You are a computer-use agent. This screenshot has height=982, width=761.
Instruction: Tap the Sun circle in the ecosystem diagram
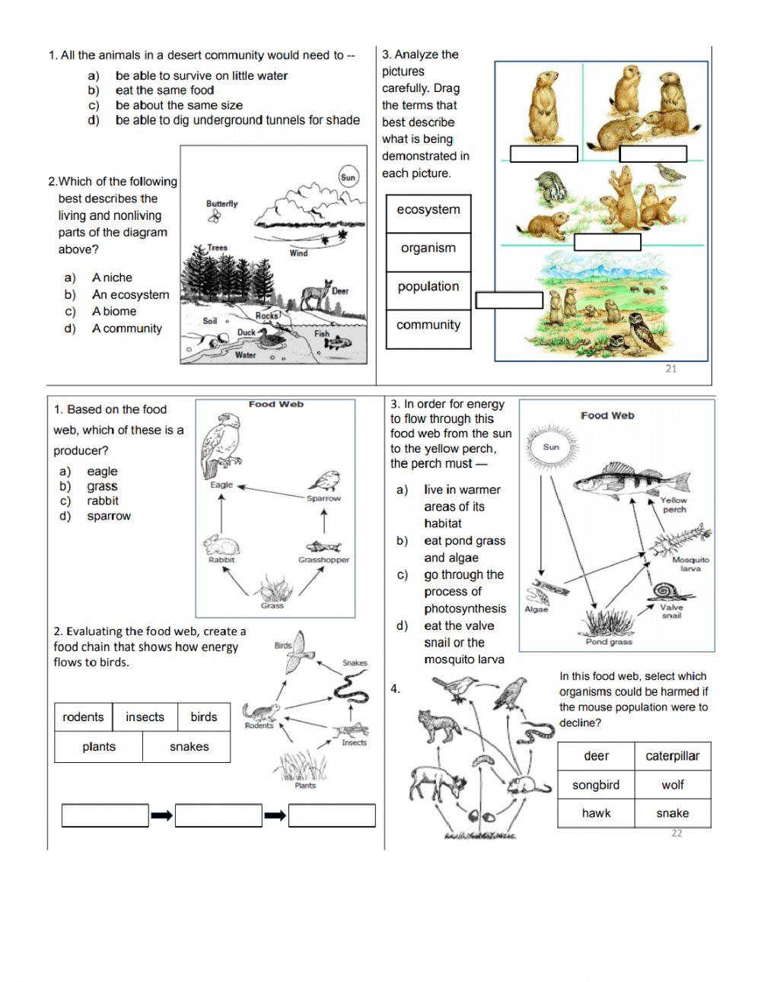tap(348, 177)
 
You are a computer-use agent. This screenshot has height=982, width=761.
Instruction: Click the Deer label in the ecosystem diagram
tap(340, 291)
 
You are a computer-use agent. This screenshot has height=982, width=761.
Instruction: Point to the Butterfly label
tap(221, 204)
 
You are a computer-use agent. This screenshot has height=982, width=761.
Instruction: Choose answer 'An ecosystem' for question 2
tap(130, 295)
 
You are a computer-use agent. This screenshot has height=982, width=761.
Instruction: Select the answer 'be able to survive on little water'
tap(202, 76)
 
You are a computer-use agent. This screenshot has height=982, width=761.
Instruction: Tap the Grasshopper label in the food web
tap(323, 560)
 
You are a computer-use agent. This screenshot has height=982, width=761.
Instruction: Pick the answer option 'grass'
tap(102, 487)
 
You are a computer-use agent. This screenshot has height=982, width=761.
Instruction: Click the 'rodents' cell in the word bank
tap(83, 717)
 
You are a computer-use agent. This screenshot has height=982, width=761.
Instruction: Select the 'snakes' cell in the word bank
tap(189, 747)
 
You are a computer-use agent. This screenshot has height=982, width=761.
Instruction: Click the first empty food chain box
tap(105, 815)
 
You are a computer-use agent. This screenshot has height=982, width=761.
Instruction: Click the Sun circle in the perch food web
tap(551, 447)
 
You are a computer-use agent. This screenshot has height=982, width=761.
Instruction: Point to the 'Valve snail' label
tap(671, 611)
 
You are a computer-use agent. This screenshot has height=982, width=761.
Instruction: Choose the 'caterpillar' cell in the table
tap(672, 757)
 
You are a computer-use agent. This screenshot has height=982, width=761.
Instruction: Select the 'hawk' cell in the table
tap(596, 814)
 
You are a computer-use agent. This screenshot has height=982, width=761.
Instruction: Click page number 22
tap(677, 834)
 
